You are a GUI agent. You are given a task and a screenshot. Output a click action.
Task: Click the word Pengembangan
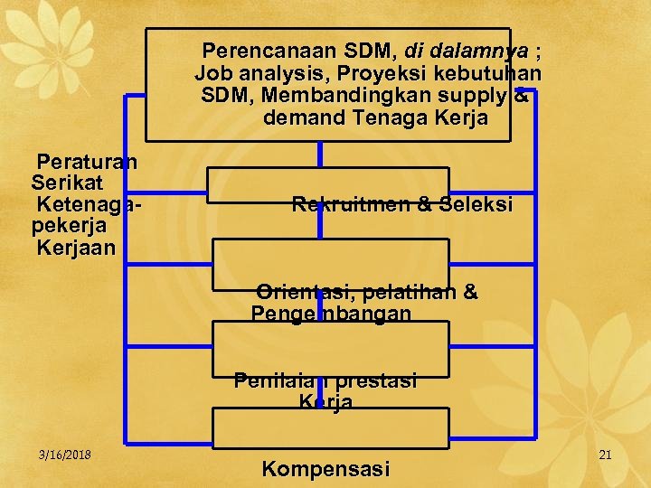click(x=331, y=314)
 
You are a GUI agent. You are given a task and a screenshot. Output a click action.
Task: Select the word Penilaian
click(x=276, y=380)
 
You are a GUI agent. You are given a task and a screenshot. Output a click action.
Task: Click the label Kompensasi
click(x=325, y=469)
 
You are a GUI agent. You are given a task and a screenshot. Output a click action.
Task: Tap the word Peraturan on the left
click(x=87, y=162)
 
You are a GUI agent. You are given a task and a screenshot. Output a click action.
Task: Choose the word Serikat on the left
click(x=66, y=183)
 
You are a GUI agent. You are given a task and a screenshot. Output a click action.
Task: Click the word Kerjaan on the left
click(x=76, y=247)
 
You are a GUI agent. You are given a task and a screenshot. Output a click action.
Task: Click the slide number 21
click(x=605, y=455)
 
